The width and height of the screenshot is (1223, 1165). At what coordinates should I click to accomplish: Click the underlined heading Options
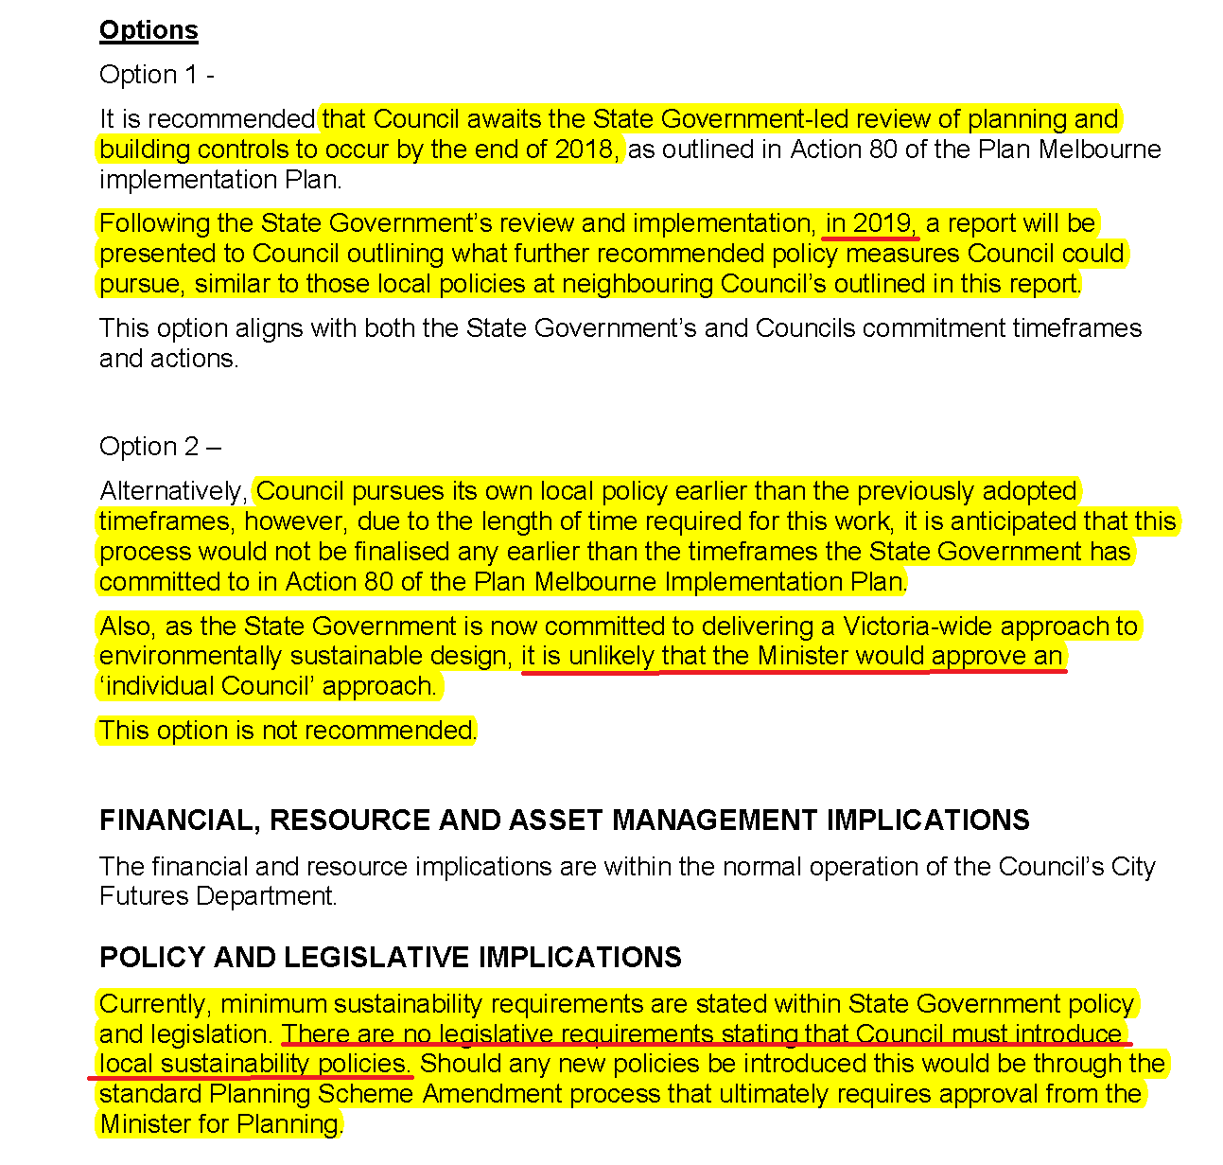tap(149, 30)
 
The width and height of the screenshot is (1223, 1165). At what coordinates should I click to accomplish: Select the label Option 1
tap(148, 75)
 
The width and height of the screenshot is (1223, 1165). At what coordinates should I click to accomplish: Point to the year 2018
tap(585, 150)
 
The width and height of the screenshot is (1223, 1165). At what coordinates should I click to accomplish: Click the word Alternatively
tap(172, 491)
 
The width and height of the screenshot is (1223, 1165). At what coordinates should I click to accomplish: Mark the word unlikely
tap(611, 656)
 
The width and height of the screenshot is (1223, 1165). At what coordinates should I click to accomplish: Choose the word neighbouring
tap(637, 284)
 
